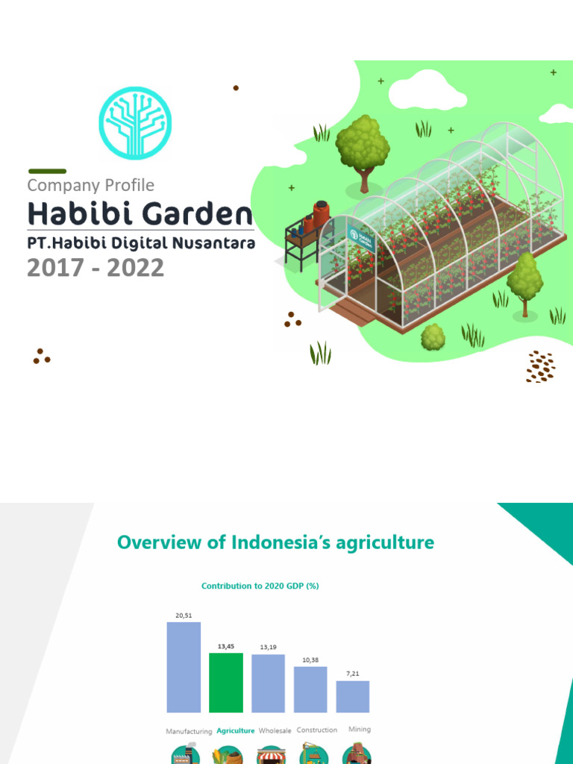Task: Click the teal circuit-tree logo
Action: tap(135, 123)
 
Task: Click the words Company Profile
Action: tap(90, 185)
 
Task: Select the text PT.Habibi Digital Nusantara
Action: tap(141, 243)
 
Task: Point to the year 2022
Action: tap(136, 267)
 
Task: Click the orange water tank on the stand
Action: tap(321, 214)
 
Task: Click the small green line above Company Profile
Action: tap(47, 171)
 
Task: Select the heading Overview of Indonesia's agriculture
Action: tap(275, 542)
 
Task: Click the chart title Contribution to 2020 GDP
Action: tap(260, 586)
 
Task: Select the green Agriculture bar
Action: tap(226, 683)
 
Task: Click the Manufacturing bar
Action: tap(184, 667)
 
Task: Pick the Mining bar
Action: tap(353, 696)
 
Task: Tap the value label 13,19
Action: tap(268, 647)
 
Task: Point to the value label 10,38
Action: tap(310, 659)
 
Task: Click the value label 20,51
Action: tap(184, 615)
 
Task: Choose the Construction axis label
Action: tap(317, 730)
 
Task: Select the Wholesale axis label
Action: tap(275, 730)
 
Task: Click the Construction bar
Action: tap(310, 689)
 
